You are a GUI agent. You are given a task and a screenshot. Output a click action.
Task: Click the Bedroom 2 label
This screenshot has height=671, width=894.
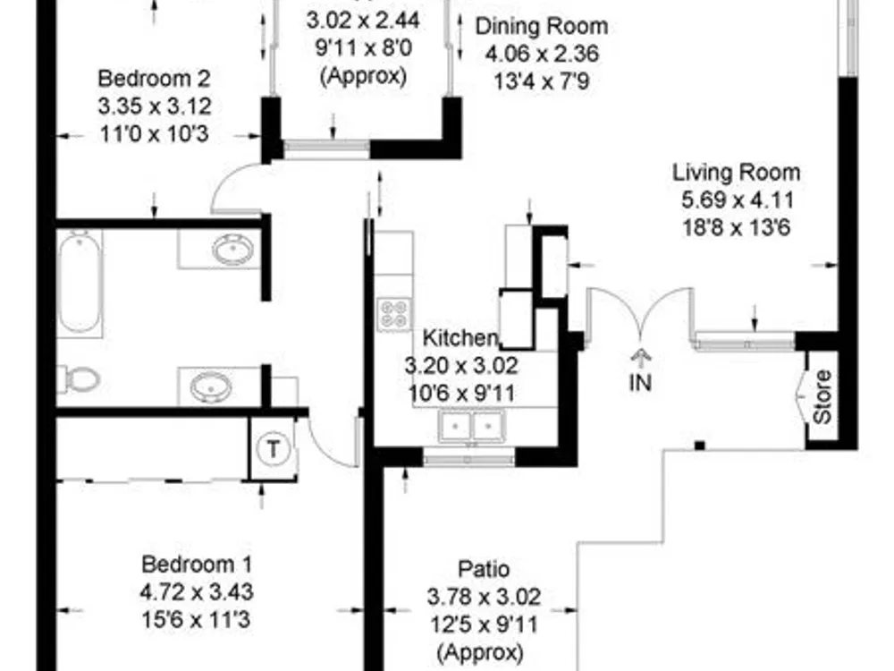pyautogui.click(x=154, y=79)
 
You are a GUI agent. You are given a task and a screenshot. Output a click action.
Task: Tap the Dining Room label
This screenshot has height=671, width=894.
pyautogui.click(x=542, y=26)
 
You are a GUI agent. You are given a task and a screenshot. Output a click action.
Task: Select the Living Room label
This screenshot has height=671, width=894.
pyautogui.click(x=736, y=173)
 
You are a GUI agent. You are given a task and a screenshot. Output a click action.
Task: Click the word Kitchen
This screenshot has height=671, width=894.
pyautogui.click(x=460, y=338)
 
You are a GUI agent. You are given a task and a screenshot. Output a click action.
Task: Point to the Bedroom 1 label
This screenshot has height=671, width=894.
pyautogui.click(x=197, y=565)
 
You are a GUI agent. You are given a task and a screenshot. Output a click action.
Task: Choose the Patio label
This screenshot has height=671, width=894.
pyautogui.click(x=484, y=569)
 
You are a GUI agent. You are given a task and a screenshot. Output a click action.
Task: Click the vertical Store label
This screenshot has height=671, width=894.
pyautogui.click(x=822, y=396)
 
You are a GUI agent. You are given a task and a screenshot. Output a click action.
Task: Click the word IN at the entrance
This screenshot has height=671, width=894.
pyautogui.click(x=640, y=383)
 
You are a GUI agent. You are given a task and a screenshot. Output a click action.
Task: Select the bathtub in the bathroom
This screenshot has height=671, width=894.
pyautogui.click(x=80, y=283)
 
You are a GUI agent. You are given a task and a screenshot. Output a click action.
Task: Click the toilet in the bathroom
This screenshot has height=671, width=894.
pyautogui.click(x=79, y=378)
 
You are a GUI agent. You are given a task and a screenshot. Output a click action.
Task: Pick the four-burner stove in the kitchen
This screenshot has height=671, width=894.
pyautogui.click(x=394, y=314)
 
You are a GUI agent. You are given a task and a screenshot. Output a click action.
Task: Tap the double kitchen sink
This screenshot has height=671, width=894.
pyautogui.click(x=471, y=426)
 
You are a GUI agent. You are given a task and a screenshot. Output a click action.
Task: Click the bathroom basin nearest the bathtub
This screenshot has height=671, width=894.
pyautogui.click(x=232, y=250)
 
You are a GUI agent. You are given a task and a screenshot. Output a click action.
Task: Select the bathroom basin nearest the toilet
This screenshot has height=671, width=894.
pyautogui.click(x=212, y=387)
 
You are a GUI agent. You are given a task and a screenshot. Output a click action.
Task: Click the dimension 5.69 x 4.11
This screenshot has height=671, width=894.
pyautogui.click(x=738, y=200)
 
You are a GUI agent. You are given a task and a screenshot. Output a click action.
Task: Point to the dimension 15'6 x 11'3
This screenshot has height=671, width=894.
pyautogui.click(x=196, y=620)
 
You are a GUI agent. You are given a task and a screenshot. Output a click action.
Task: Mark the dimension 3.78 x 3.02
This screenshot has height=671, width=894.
pyautogui.click(x=484, y=597)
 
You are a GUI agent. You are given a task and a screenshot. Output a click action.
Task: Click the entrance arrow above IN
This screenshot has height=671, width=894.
pyautogui.click(x=641, y=359)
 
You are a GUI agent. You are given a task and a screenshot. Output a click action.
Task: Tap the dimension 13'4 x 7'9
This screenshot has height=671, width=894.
pyautogui.click(x=542, y=81)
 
